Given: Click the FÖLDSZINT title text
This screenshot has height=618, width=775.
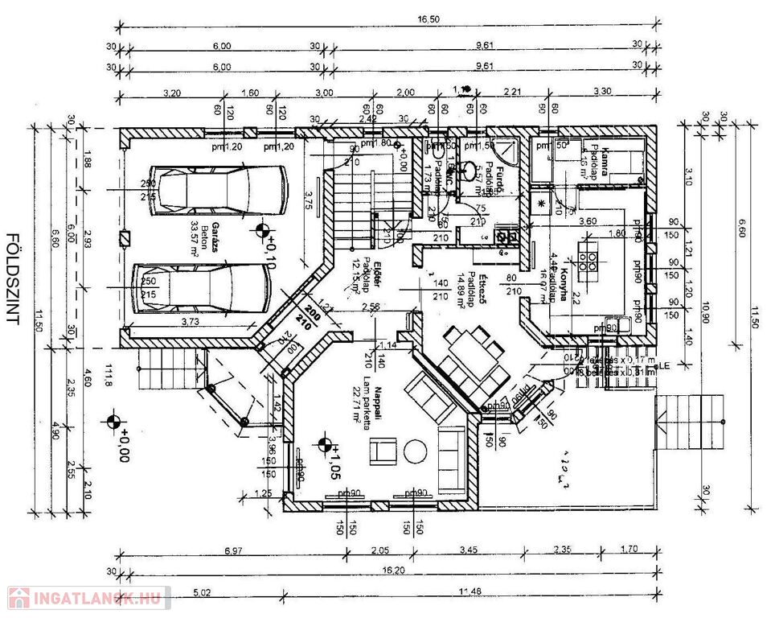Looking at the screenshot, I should pyautogui.click(x=13, y=278).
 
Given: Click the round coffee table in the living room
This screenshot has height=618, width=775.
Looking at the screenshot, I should pyautogui.click(x=415, y=451).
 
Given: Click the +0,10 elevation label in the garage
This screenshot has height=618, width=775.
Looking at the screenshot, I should pyautogui.click(x=272, y=249).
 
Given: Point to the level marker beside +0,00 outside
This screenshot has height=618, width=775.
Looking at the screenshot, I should pyautogui.click(x=113, y=422).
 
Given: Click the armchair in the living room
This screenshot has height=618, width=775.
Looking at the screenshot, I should pyautogui.click(x=383, y=451).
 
